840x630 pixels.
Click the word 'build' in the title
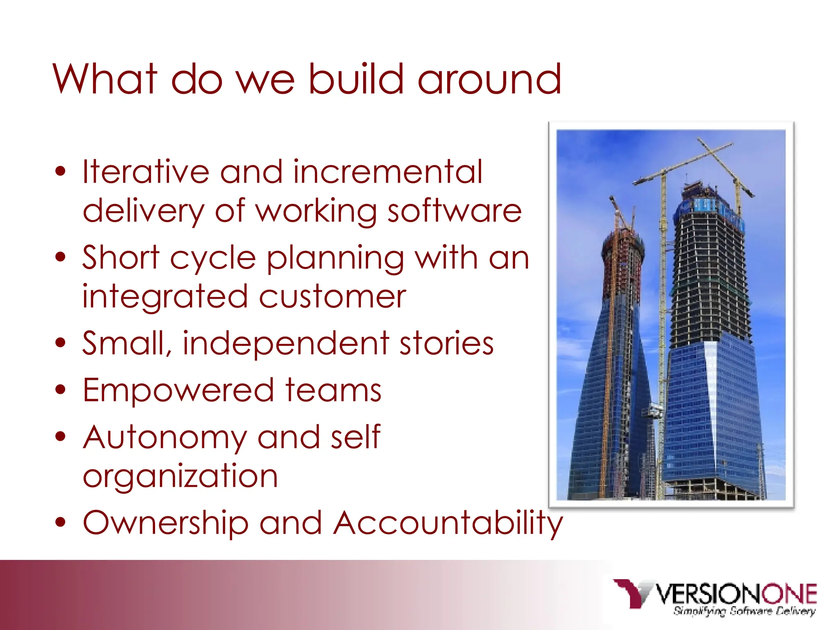[x=356, y=79]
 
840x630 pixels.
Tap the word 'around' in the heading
[x=489, y=79]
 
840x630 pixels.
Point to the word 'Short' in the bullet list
[x=121, y=258]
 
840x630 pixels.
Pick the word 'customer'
[x=333, y=296]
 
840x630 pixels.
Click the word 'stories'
[x=447, y=343]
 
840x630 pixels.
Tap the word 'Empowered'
[x=178, y=390]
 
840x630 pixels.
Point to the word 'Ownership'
[x=166, y=523]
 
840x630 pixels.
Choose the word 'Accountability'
[x=448, y=523]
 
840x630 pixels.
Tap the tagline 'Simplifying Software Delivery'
[x=744, y=611]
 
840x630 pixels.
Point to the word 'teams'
[x=333, y=390]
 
